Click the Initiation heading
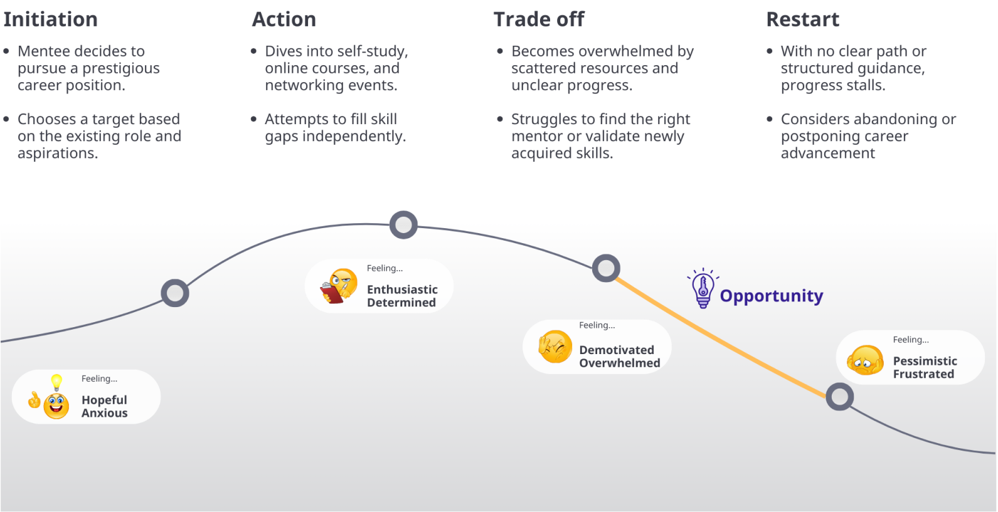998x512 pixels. click(x=50, y=19)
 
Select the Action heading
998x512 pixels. click(x=284, y=19)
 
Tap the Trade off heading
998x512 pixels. click(x=538, y=19)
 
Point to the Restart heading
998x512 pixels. click(x=802, y=19)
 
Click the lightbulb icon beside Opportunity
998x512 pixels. click(x=703, y=289)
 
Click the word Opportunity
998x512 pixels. click(x=771, y=296)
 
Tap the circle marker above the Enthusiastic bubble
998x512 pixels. click(x=403, y=224)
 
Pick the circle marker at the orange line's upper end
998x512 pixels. click(x=606, y=268)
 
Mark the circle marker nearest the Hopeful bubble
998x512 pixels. click(x=175, y=293)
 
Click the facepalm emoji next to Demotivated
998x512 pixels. click(x=555, y=347)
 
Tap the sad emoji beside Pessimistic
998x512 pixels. click(x=865, y=360)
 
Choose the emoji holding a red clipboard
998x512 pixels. click(x=339, y=286)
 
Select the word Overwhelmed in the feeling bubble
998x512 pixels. click(x=619, y=363)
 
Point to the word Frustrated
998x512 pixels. click(x=923, y=374)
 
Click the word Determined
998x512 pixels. click(x=401, y=303)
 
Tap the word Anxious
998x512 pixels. click(x=104, y=413)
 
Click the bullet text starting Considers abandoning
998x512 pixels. click(x=868, y=136)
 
